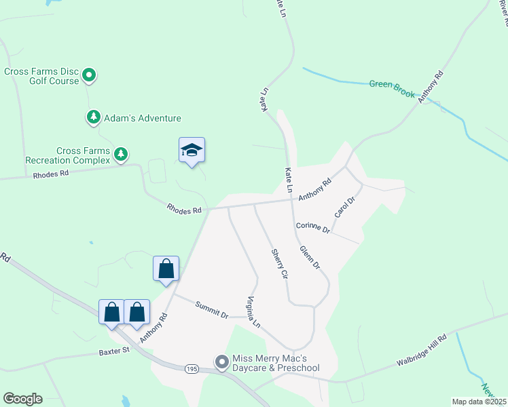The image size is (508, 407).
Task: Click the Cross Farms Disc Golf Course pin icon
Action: click(x=89, y=76)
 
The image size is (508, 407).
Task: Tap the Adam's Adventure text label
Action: click(x=143, y=118)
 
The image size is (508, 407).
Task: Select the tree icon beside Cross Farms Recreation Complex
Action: click(x=121, y=155)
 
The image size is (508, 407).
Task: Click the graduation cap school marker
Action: click(x=192, y=151)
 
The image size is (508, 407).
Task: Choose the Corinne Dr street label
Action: click(x=312, y=228)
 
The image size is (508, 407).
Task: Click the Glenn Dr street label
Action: click(x=310, y=257)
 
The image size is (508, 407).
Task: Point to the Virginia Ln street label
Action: click(x=253, y=312)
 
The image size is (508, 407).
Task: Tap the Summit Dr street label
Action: click(x=213, y=309)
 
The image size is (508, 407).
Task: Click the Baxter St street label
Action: click(x=113, y=351)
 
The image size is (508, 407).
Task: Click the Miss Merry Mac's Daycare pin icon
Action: click(x=221, y=363)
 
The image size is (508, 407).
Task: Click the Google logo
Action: click(x=22, y=399)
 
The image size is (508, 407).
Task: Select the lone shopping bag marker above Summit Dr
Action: click(x=166, y=269)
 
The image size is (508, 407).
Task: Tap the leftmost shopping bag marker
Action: click(x=112, y=313)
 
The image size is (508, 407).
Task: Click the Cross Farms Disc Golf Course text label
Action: click(x=42, y=76)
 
